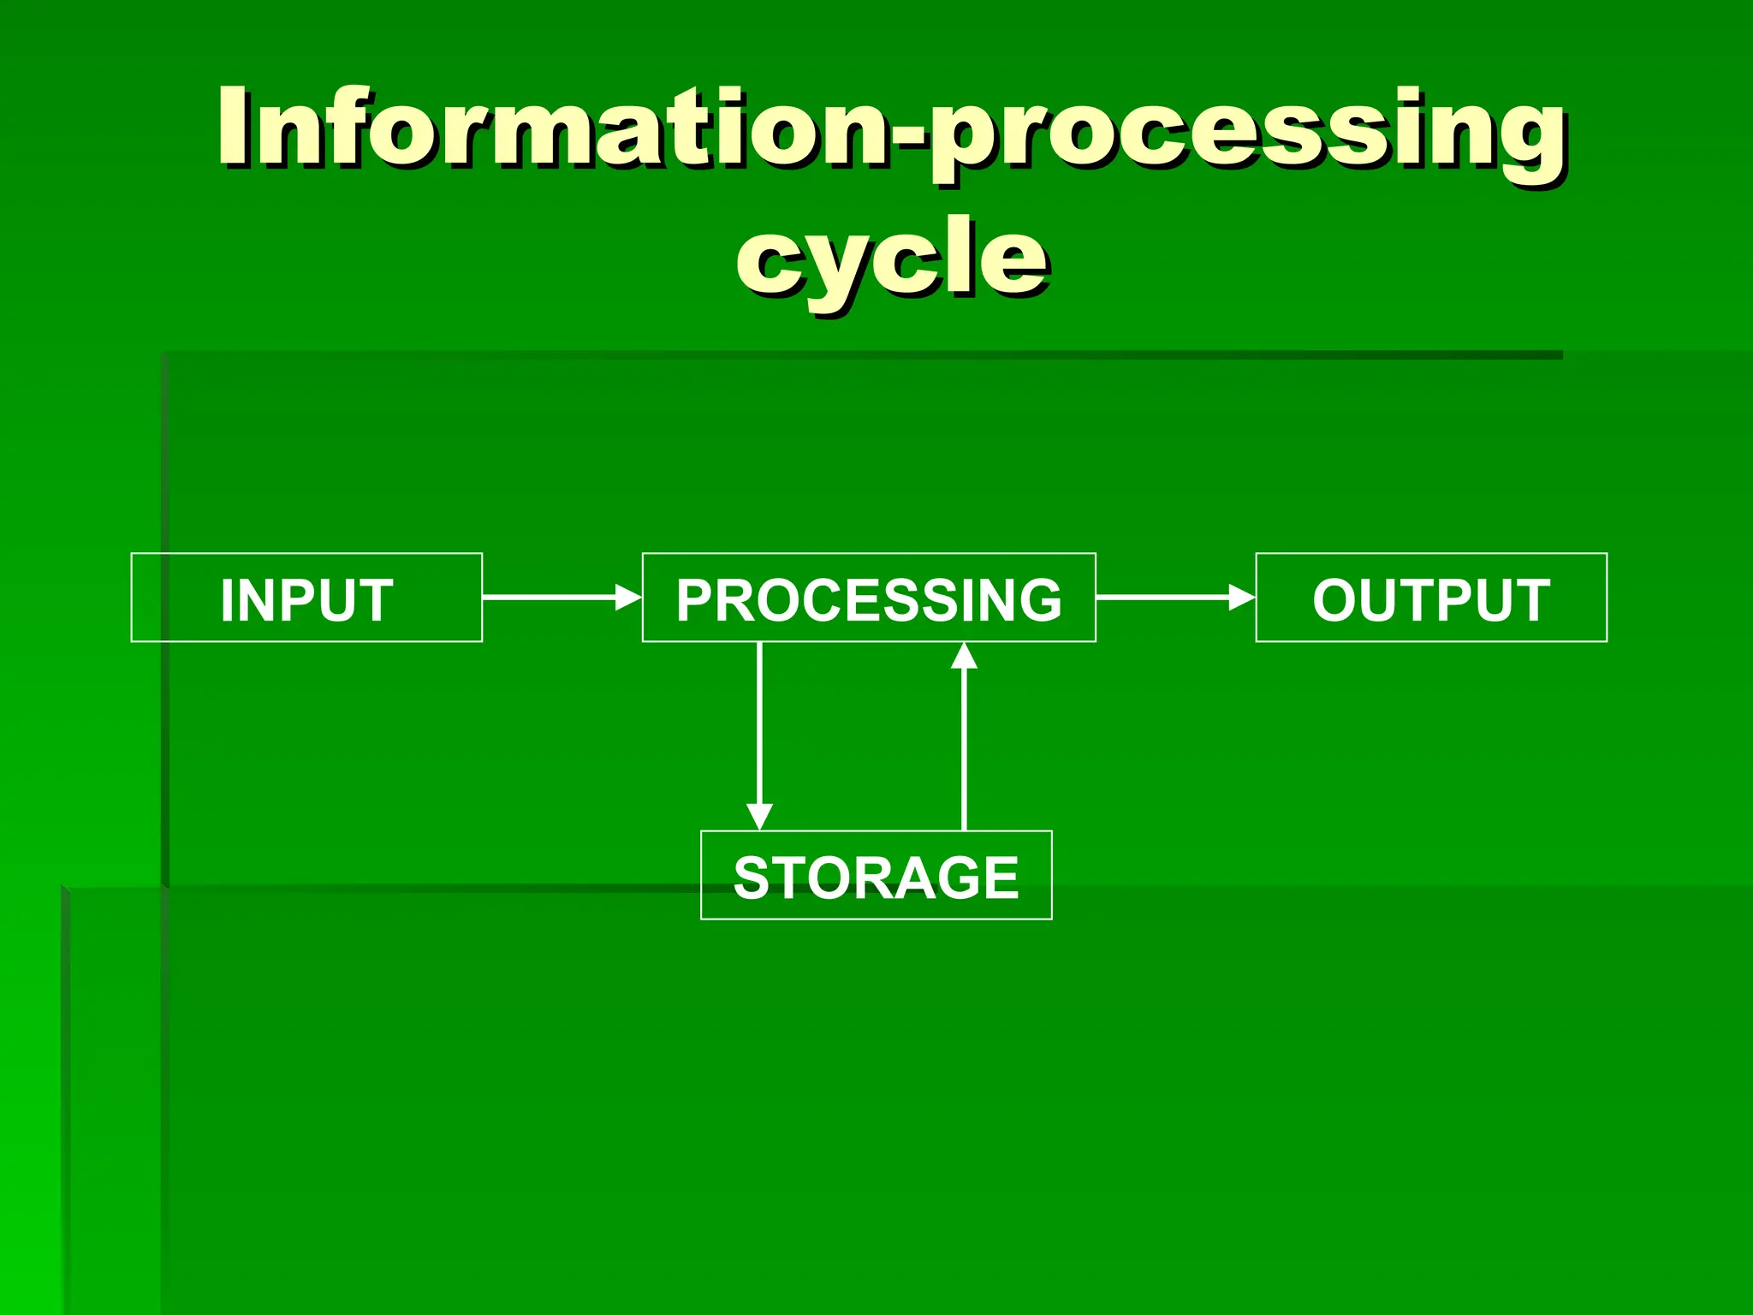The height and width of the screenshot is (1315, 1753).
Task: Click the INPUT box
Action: point(306,598)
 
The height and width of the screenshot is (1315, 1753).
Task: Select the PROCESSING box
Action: point(869,598)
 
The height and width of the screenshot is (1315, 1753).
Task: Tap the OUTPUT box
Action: point(1431,598)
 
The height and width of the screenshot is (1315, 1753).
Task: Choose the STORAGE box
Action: point(876,875)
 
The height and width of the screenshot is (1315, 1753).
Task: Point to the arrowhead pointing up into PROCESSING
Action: point(965,657)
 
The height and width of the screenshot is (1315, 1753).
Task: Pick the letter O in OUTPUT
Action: point(1337,599)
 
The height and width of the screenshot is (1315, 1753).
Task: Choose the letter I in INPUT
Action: point(228,599)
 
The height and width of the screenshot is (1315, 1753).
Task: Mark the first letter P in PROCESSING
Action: point(696,599)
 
